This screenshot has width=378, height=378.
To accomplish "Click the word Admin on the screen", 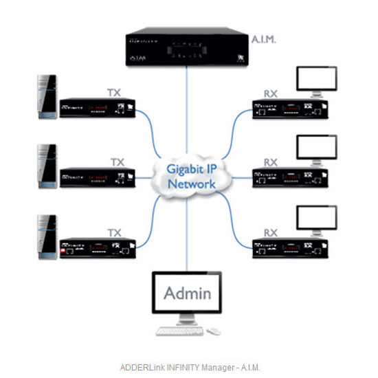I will (x=187, y=293).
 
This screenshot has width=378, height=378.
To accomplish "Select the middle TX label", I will (x=117, y=162).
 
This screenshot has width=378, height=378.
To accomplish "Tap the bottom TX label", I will (x=117, y=233).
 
